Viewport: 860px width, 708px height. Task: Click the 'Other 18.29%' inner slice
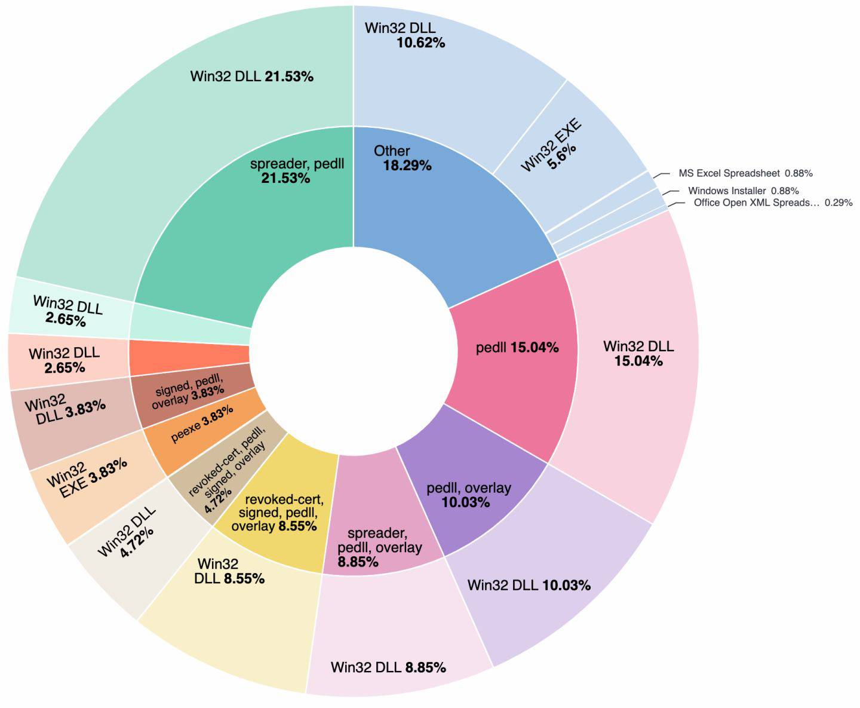[x=430, y=197]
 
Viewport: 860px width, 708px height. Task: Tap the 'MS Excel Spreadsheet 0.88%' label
[x=745, y=173]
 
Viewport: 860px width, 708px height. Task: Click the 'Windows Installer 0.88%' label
[x=743, y=191]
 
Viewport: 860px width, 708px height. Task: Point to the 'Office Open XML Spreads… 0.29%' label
[x=773, y=203]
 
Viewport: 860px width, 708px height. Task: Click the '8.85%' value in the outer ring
[x=425, y=667]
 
